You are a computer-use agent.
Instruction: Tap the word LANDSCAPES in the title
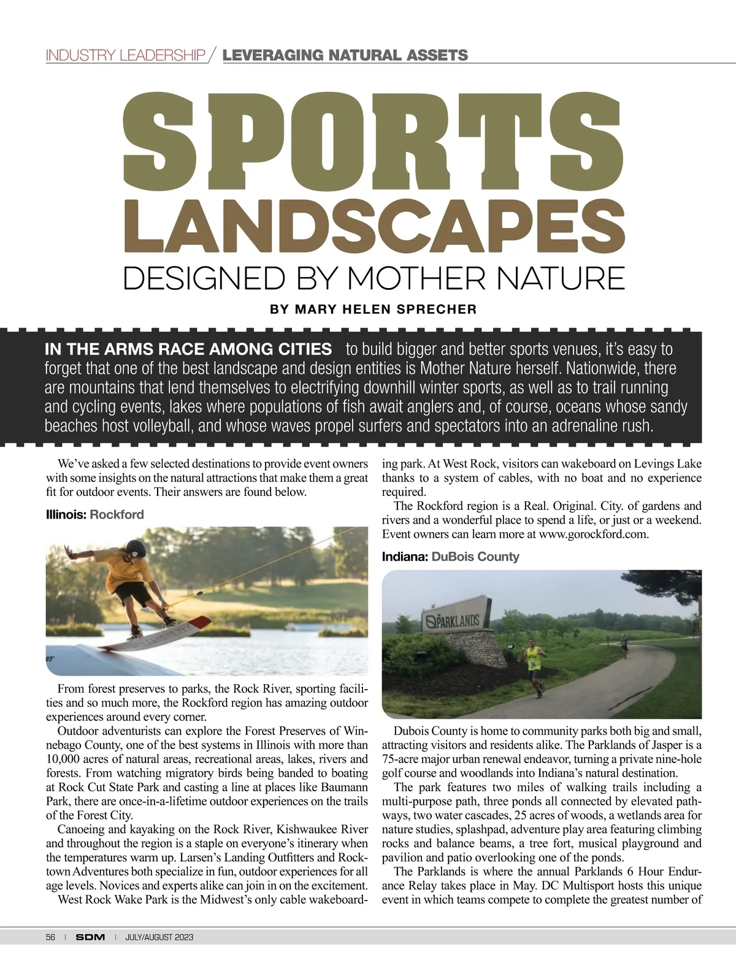(x=374, y=225)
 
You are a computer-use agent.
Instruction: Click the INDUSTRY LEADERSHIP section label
(x=126, y=56)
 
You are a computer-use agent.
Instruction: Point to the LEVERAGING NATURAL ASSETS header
(x=345, y=56)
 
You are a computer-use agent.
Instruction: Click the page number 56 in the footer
(x=51, y=937)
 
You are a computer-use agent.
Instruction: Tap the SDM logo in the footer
(x=91, y=937)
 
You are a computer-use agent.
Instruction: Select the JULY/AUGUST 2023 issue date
(x=159, y=937)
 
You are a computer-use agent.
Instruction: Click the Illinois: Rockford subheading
(x=95, y=514)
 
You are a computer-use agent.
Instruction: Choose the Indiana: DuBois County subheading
(x=450, y=557)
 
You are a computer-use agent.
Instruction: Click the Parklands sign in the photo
(x=453, y=620)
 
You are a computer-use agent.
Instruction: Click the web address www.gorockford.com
(x=593, y=534)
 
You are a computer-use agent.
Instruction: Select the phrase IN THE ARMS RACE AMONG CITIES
(x=188, y=350)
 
